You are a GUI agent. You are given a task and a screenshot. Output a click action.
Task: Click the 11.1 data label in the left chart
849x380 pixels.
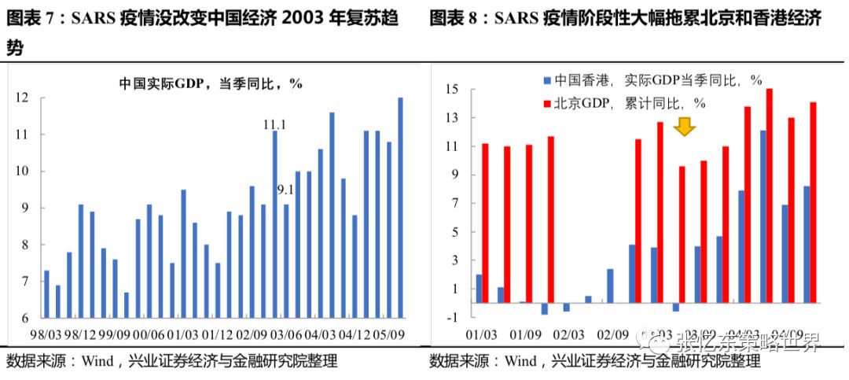point(274,124)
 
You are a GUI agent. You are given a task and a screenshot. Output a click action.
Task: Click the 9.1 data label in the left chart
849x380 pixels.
point(285,189)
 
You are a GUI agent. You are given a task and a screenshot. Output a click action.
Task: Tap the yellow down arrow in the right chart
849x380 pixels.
point(684,126)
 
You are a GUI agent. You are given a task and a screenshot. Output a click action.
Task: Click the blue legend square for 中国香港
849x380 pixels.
point(546,80)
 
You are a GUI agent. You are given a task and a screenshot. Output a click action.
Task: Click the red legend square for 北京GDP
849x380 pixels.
point(546,103)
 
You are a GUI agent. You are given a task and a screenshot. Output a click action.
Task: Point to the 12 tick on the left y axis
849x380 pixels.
point(21,98)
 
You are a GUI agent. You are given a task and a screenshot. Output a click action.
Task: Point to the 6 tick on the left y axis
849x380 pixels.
point(24,318)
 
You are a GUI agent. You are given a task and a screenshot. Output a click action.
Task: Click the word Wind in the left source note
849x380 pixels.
point(95,362)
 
